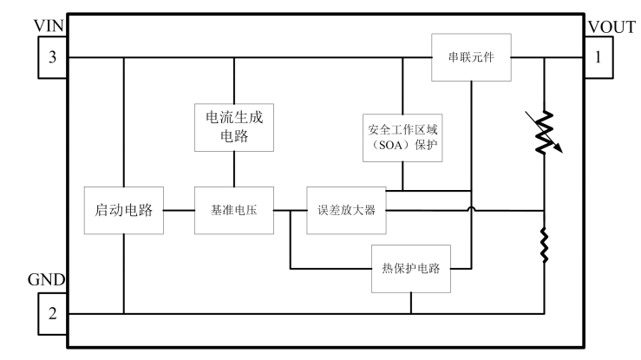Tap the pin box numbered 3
click(x=53, y=58)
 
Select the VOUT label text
click(x=612, y=27)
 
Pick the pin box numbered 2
click(x=53, y=313)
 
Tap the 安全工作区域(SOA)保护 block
click(x=403, y=137)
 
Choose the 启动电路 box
click(x=124, y=209)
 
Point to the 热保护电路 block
click(x=411, y=268)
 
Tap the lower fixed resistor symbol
click(x=545, y=245)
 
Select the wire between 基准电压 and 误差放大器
click(x=290, y=209)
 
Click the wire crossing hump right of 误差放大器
click(x=471, y=209)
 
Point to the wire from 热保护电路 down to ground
click(x=411, y=301)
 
